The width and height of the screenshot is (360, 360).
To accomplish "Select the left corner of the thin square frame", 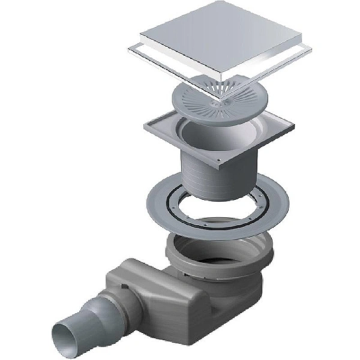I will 129,49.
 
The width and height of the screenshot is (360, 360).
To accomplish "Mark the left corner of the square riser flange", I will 145,125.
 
